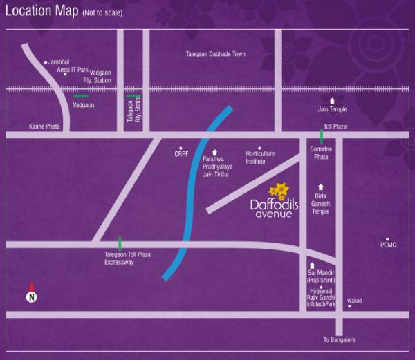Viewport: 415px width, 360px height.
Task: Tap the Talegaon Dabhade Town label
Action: [x=216, y=54]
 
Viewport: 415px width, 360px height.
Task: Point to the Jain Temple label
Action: [x=333, y=109]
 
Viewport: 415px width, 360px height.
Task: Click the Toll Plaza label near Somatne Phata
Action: [x=335, y=127]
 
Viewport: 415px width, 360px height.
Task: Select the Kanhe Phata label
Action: [x=44, y=127]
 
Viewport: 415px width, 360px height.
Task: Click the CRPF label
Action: [x=181, y=154]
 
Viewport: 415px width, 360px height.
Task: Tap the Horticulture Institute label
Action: [x=260, y=158]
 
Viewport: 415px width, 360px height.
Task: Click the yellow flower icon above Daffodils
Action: [x=279, y=190]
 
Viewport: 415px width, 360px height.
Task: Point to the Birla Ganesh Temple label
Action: [x=321, y=204]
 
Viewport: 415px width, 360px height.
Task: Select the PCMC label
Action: [x=389, y=245]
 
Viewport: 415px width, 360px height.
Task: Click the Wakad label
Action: [x=354, y=301]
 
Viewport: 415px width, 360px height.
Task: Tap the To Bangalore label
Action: [x=339, y=340]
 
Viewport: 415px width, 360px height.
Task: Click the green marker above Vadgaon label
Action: [x=81, y=96]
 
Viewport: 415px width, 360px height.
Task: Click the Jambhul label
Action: [x=59, y=62]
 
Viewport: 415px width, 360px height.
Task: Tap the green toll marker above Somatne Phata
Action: [x=321, y=136]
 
